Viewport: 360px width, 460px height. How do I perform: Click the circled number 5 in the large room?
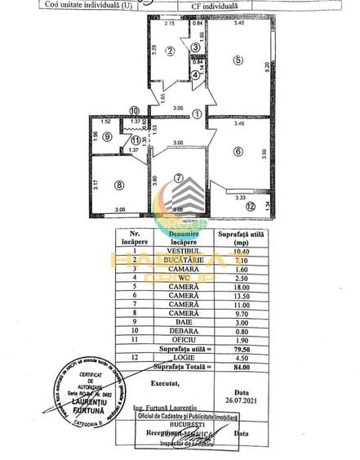pos(238,59)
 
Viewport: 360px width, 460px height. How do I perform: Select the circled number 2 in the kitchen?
pos(170,51)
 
